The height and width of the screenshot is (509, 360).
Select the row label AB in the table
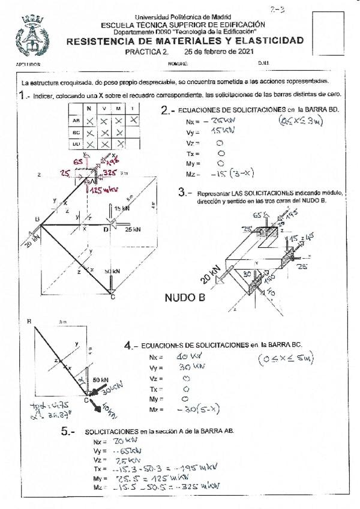point(75,120)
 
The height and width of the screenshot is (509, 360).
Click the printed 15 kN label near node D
point(122,208)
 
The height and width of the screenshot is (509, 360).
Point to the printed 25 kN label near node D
point(133,229)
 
